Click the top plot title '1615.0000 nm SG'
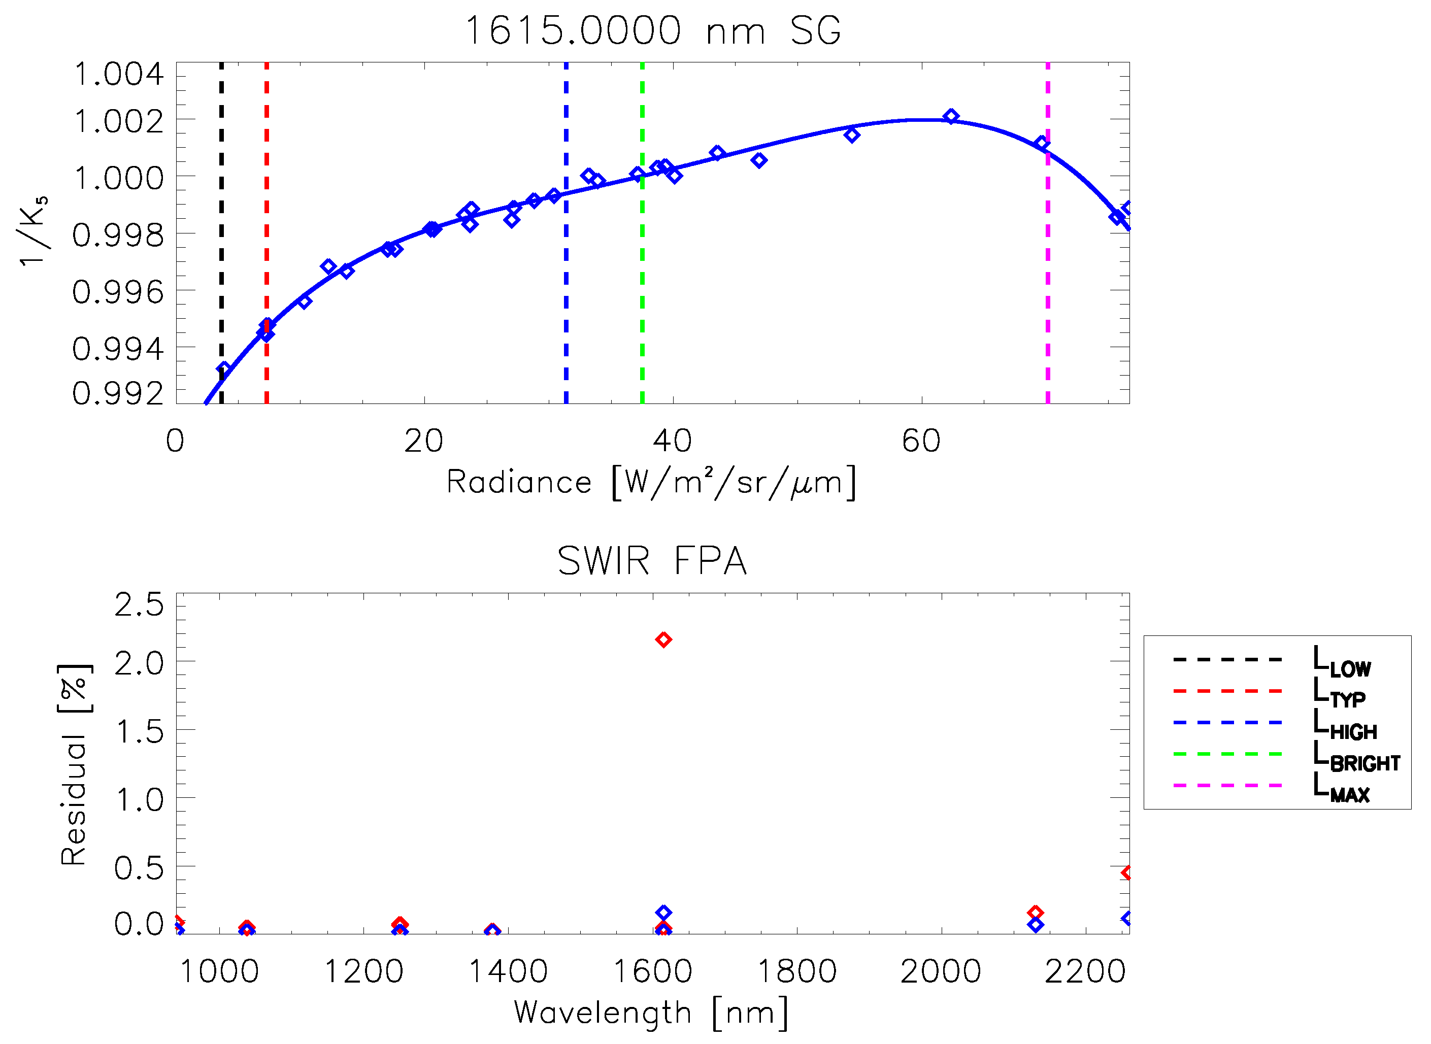pos(653,30)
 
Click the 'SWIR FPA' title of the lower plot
pos(652,560)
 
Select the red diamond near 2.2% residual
pos(663,639)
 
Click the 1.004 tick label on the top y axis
pos(119,75)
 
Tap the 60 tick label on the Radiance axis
pos(921,441)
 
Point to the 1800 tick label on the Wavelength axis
pos(796,971)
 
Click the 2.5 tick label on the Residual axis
pos(139,605)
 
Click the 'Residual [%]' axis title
pos(75,765)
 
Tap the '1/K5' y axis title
pos(33,232)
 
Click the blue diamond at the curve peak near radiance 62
pos(951,116)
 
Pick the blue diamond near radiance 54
pos(851,134)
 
